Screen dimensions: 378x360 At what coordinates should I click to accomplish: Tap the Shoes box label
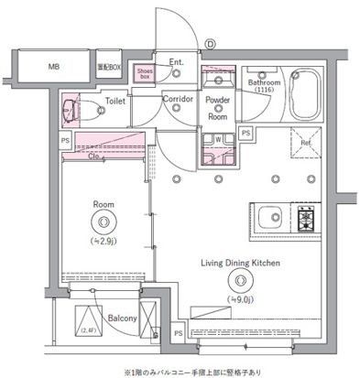pos(145,72)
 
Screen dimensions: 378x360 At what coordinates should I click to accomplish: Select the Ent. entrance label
pos(177,63)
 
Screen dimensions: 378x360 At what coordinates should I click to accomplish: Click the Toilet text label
pos(115,102)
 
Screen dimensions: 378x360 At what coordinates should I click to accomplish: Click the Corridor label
pos(177,99)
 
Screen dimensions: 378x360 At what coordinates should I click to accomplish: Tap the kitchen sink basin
pos(271,219)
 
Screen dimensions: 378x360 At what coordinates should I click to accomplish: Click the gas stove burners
pos(306,219)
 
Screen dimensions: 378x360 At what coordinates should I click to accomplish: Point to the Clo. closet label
pos(96,155)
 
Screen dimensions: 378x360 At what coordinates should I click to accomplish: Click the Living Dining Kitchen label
pos(241,264)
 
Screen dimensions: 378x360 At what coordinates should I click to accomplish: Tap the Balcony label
pos(122,318)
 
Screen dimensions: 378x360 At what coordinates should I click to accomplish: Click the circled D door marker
pos(210,43)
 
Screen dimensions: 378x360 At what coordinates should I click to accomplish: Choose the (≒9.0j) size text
pos(241,297)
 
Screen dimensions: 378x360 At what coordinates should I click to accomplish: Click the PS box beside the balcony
pos(177,333)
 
